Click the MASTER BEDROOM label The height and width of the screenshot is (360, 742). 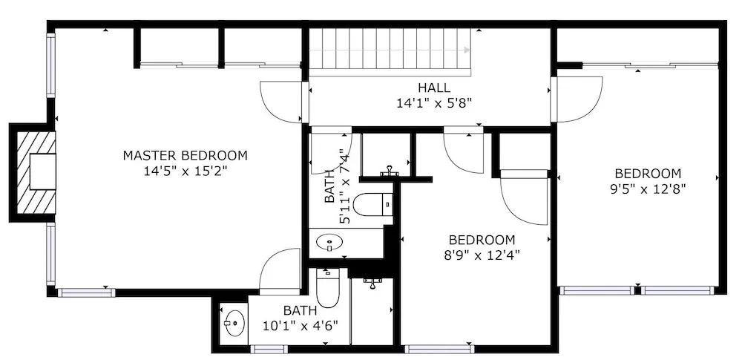point(185,155)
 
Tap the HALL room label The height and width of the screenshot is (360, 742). point(434,88)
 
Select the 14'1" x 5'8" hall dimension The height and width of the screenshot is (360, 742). point(434,102)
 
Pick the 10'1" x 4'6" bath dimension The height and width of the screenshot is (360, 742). point(300,327)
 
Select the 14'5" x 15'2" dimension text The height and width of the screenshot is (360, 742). point(185,171)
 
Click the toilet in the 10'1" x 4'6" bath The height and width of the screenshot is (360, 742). point(327,289)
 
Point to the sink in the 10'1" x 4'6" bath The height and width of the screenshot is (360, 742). point(235,323)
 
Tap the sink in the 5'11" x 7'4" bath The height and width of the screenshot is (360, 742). point(329,243)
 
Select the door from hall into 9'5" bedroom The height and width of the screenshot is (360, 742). point(578,99)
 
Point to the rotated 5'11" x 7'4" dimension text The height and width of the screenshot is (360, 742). point(338,189)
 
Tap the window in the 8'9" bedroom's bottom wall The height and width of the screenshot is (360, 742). point(439,349)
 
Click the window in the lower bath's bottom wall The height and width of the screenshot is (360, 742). point(269,349)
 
